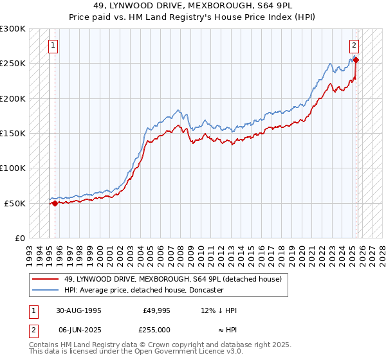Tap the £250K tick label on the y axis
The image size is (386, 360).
[x=13, y=64]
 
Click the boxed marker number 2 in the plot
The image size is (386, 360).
[x=354, y=45]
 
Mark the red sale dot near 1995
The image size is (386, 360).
[x=55, y=203]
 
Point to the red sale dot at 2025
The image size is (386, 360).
[x=356, y=61]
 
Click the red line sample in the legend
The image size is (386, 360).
[x=46, y=279]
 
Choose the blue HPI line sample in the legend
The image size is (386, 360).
[x=46, y=290]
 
